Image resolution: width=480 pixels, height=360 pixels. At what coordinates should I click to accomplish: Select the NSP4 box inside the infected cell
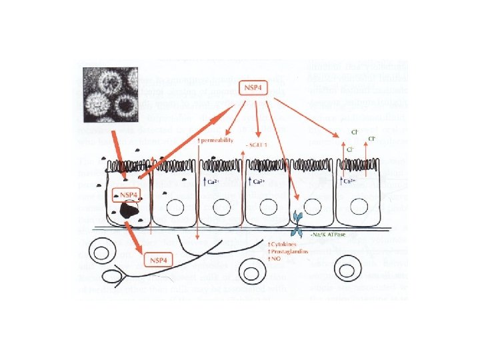128,195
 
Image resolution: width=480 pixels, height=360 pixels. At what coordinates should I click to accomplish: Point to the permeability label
217,141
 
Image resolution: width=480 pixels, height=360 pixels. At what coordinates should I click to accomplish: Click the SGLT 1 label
257,145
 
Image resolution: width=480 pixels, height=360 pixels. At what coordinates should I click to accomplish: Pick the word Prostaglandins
288,251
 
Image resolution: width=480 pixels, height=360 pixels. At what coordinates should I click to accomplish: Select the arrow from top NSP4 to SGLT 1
258,120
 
